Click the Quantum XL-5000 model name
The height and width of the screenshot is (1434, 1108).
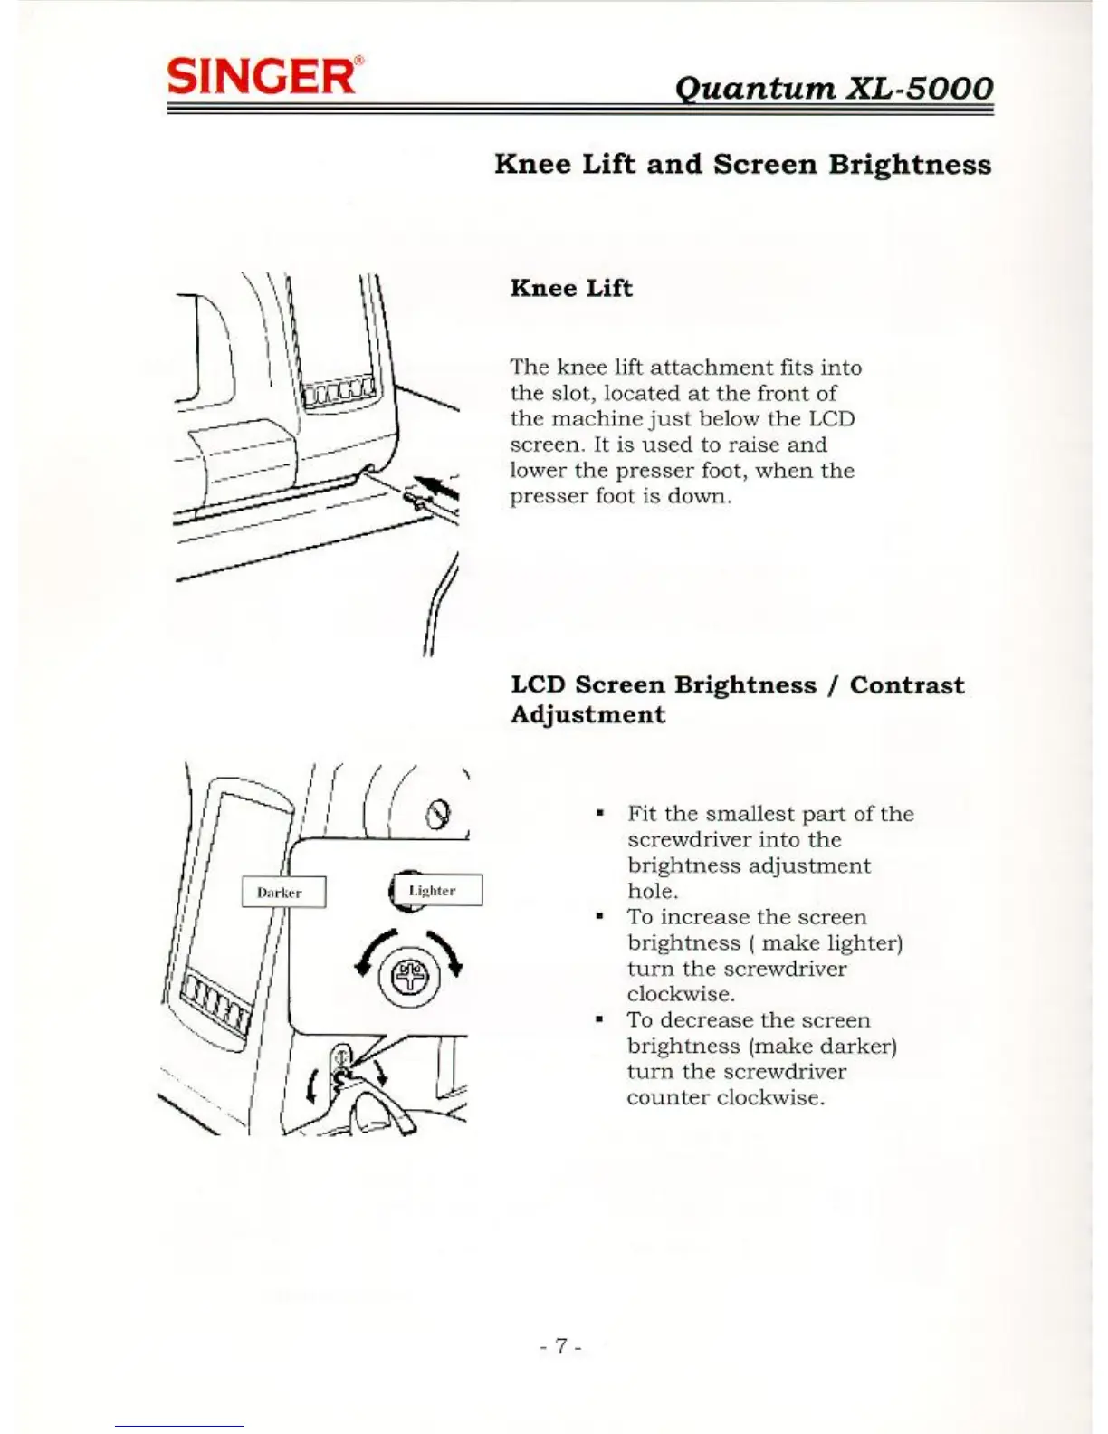(x=834, y=88)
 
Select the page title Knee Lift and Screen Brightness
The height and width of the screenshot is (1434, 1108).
(x=742, y=165)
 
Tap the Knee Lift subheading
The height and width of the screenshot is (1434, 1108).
(x=571, y=288)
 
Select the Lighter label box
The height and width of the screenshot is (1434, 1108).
(x=436, y=890)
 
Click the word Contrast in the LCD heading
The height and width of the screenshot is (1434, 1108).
(x=906, y=685)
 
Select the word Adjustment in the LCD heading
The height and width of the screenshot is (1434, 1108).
(x=587, y=715)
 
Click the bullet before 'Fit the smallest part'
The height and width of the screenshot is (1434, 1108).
(x=599, y=813)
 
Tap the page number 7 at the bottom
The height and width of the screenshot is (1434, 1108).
(x=561, y=1346)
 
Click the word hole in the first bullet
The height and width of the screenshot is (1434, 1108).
(x=651, y=891)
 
